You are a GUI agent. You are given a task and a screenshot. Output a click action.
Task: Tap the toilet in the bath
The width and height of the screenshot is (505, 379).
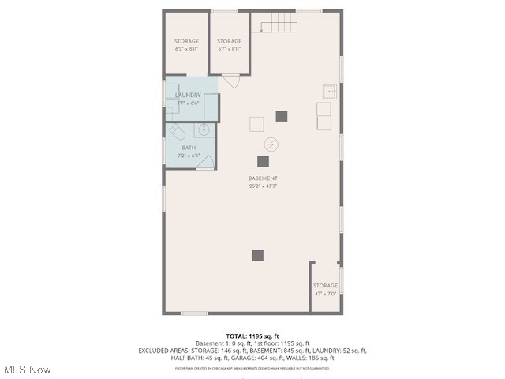point(177,130)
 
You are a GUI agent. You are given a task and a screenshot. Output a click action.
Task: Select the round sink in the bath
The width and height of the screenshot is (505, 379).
point(204,129)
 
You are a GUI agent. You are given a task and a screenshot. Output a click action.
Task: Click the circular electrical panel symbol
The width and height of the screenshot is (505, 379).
point(271,144)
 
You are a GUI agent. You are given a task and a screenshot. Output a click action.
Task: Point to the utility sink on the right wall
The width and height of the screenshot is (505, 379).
point(329,92)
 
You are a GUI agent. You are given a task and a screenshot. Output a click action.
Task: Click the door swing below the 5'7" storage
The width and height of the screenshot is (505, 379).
point(230,81)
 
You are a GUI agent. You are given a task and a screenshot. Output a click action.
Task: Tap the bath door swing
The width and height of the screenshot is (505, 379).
point(205,162)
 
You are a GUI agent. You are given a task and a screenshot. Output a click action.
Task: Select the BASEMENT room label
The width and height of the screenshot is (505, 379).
point(263,178)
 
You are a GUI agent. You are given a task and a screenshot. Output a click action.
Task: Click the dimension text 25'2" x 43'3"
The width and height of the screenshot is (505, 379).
point(263,186)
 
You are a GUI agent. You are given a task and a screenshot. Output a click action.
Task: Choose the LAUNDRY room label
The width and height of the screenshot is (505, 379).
point(188,95)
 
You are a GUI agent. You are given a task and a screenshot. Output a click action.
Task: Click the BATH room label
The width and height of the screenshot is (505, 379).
point(189,148)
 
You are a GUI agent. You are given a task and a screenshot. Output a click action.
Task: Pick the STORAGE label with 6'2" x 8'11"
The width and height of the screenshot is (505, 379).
point(186,41)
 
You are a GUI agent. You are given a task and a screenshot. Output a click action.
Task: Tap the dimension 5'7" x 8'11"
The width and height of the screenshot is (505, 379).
point(230,48)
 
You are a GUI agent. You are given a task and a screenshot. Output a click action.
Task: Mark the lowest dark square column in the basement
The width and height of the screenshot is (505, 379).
point(257,255)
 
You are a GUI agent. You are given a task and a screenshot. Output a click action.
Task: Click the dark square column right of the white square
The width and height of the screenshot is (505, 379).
point(282,116)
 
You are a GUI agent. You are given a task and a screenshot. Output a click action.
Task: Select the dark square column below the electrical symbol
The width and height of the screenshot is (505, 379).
point(263,162)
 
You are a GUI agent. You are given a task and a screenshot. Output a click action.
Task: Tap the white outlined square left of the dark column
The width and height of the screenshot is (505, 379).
point(256,124)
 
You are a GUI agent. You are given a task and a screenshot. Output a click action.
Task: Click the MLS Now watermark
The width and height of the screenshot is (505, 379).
point(28,370)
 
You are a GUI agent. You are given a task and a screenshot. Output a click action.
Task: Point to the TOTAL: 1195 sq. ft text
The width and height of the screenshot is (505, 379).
point(252,336)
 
